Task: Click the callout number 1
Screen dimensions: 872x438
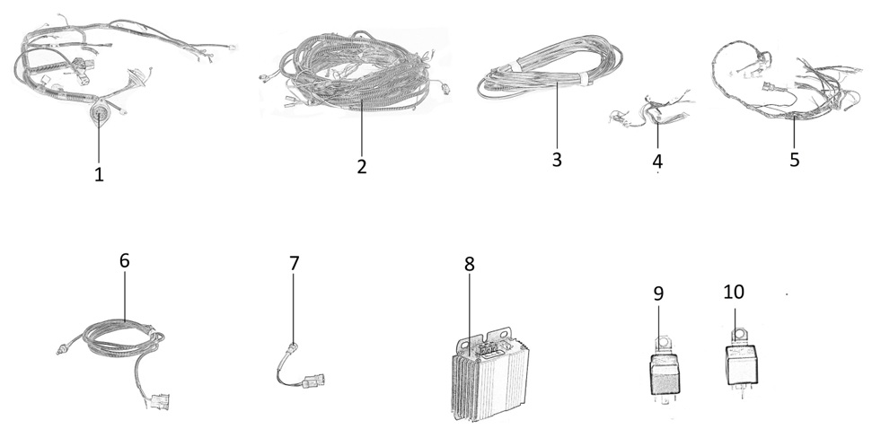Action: click(x=99, y=174)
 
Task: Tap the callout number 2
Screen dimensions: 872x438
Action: click(x=362, y=166)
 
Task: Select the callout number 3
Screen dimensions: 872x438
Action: click(x=557, y=160)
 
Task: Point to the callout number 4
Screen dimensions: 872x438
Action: click(x=657, y=162)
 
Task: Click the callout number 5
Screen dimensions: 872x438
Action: click(x=794, y=160)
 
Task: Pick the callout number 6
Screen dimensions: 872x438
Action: click(x=124, y=260)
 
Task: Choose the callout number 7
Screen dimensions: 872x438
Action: click(x=295, y=263)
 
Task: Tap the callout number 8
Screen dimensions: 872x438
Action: click(x=470, y=264)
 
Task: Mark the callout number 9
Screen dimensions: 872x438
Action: click(x=658, y=293)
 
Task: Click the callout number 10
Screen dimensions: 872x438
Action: click(x=734, y=292)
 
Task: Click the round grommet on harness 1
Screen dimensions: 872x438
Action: click(x=99, y=115)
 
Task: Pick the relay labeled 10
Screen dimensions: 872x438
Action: click(x=741, y=362)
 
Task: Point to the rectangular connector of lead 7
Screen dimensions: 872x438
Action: click(x=313, y=381)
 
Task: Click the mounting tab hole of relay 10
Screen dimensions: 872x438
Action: click(x=740, y=335)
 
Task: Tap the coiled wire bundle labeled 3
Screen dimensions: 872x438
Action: click(x=550, y=68)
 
